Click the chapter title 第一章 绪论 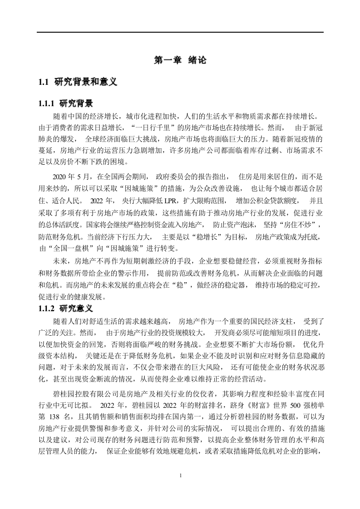[180, 60]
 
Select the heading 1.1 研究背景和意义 [78, 82]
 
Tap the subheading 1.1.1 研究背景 [67, 103]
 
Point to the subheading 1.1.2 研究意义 [67, 308]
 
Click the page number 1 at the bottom [181, 475]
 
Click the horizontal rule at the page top [180, 32]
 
